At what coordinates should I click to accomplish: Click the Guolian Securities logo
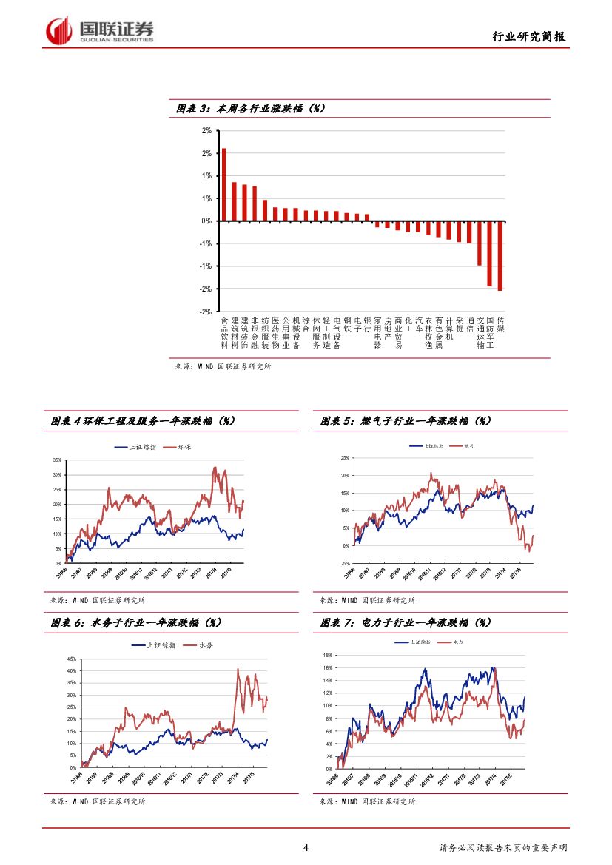pyautogui.click(x=99, y=30)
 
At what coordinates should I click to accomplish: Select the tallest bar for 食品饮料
pyautogui.click(x=224, y=184)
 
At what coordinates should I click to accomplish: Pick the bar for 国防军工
pyautogui.click(x=489, y=253)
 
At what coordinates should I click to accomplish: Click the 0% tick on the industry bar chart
pyautogui.click(x=206, y=221)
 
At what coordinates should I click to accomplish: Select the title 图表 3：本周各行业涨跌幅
pyautogui.click(x=251, y=109)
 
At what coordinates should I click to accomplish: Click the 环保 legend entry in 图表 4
pyautogui.click(x=175, y=448)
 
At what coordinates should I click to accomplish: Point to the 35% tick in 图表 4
pyautogui.click(x=57, y=460)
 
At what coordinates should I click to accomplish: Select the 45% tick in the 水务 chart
pyautogui.click(x=71, y=659)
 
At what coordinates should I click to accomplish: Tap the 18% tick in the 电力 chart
pyautogui.click(x=328, y=656)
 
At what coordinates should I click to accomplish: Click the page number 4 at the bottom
pyautogui.click(x=306, y=847)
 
